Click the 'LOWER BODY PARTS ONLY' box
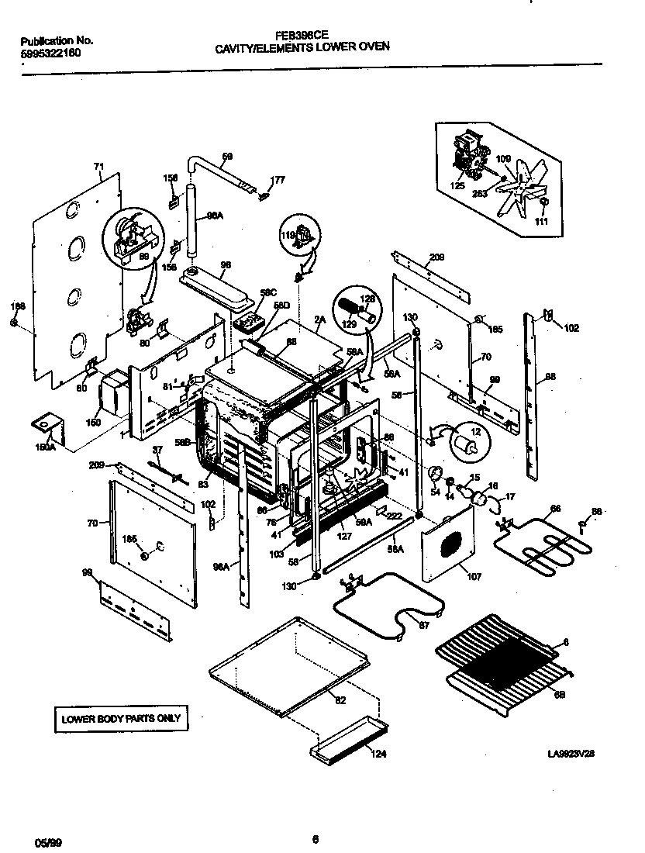[x=120, y=718]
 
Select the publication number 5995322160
[x=49, y=53]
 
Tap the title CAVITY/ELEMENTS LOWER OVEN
[x=302, y=47]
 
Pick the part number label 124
[x=378, y=753]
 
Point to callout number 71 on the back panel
[x=98, y=166]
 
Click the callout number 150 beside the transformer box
[x=93, y=423]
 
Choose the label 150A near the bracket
[x=45, y=447]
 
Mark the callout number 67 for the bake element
[x=423, y=626]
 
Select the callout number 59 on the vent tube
[x=227, y=157]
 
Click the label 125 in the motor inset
[x=457, y=186]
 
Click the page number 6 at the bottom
[x=315, y=838]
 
